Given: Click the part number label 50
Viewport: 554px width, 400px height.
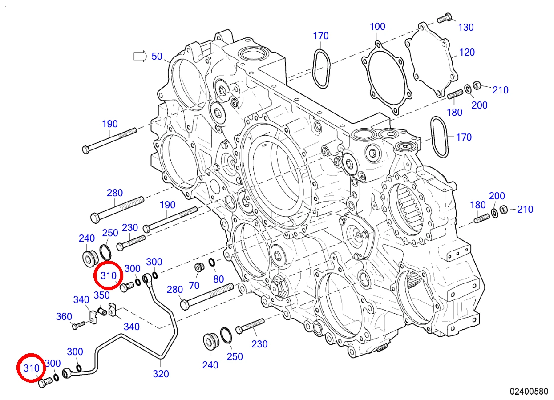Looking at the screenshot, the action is [x=157, y=57].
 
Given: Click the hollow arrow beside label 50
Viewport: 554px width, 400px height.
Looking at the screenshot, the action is [x=140, y=57].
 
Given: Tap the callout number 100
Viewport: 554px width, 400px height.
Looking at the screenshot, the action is [x=377, y=26].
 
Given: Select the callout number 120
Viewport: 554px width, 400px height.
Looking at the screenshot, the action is [x=467, y=53].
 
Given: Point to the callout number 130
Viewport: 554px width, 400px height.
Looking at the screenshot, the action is [x=466, y=28].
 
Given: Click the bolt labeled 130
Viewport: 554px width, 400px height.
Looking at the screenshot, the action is [x=444, y=18].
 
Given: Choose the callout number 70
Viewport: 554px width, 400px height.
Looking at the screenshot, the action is [x=194, y=286].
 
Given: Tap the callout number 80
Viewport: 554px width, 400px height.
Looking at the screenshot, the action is [x=218, y=279].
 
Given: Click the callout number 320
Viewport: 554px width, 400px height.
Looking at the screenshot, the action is [x=161, y=374].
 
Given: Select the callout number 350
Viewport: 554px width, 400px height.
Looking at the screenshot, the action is [x=101, y=295].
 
